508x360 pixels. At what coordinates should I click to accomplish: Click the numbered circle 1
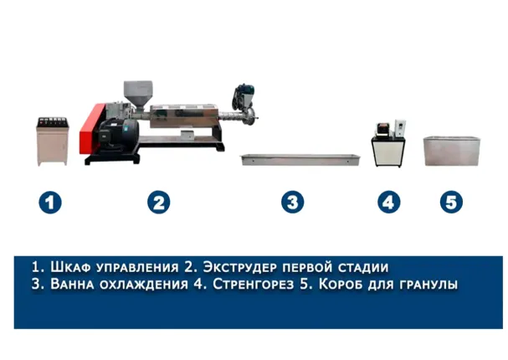point(50,203)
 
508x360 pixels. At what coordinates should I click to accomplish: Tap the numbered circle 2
point(158,203)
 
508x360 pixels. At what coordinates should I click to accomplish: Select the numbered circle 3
point(293,202)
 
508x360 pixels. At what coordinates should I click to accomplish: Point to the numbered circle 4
point(389,202)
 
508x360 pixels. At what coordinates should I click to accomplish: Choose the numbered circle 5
point(451,202)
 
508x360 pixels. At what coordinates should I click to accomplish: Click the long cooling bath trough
point(300,160)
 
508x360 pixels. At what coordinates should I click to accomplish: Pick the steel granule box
point(451,151)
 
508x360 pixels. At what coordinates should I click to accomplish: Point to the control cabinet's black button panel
point(53,122)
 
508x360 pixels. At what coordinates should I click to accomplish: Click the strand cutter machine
point(388,144)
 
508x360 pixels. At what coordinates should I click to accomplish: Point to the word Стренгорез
point(253,284)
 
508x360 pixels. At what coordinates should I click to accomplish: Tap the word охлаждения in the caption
point(143,285)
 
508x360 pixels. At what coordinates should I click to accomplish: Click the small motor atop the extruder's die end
point(243,96)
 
